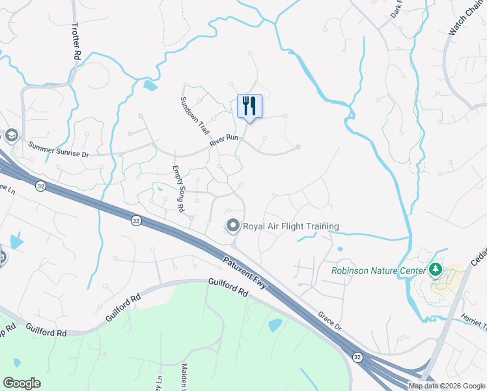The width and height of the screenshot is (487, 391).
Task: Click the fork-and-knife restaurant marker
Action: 249,106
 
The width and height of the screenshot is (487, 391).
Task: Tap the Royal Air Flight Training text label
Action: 291,227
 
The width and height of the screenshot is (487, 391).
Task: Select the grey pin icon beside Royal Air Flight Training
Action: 232,226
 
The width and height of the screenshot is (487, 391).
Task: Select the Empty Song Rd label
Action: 177,188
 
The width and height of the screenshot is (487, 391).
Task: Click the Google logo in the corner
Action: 21,383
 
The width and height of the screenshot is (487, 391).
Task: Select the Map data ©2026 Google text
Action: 446,386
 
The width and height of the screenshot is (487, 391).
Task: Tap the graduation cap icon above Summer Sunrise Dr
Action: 10,136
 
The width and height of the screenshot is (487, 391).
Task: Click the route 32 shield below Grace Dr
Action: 357,356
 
